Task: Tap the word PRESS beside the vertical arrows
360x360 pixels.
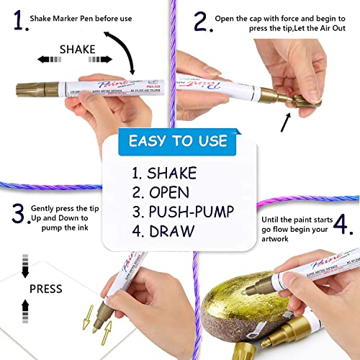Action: (45, 289)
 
